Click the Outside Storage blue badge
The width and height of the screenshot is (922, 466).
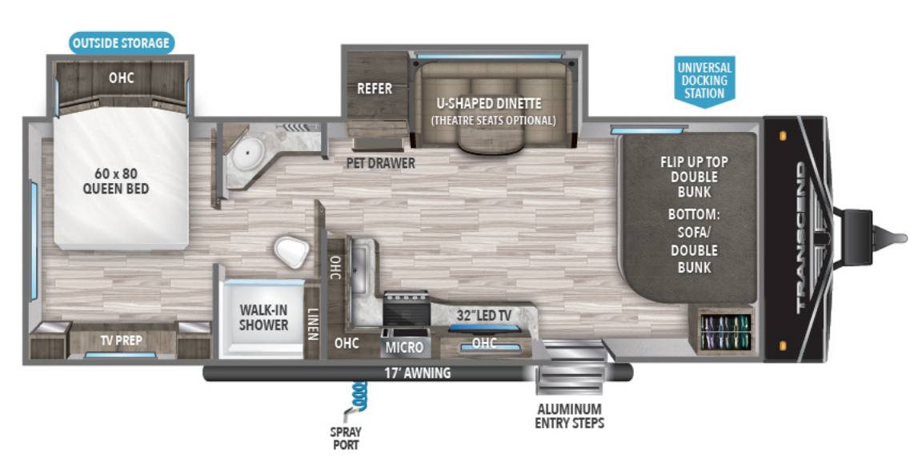coord(122,42)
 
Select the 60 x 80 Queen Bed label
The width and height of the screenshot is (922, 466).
coord(116,181)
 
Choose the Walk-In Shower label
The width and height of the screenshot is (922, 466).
coord(263,317)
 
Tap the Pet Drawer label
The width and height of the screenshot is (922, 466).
coord(380,164)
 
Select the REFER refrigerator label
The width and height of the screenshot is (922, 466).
coord(375,88)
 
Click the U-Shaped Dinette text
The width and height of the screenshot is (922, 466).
coord(489,104)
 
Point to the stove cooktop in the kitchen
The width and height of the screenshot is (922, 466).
coord(407,307)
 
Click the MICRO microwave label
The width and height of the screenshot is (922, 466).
coord(404,349)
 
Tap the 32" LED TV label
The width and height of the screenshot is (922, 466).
coord(484,315)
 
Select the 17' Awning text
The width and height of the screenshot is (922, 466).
coord(417,372)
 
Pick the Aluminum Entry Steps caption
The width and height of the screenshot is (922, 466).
coord(569,416)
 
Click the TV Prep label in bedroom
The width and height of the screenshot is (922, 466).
coord(121,341)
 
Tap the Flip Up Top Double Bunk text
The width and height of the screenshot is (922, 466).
coord(694,177)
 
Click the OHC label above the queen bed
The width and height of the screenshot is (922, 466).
coord(121,78)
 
